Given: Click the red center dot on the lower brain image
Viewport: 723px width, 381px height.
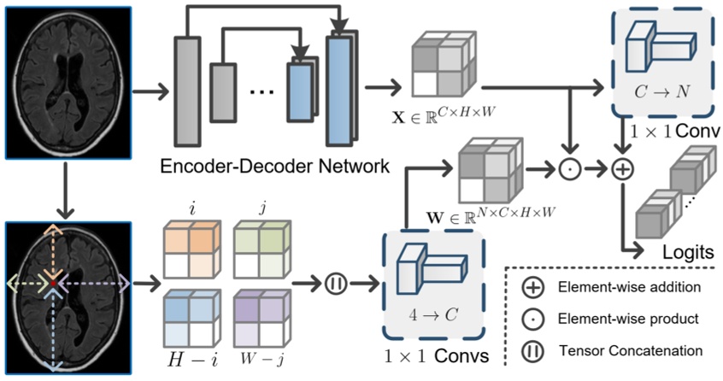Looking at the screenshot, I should [x=54, y=281].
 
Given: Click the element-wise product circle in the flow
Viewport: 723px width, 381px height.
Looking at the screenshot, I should [x=569, y=169].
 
